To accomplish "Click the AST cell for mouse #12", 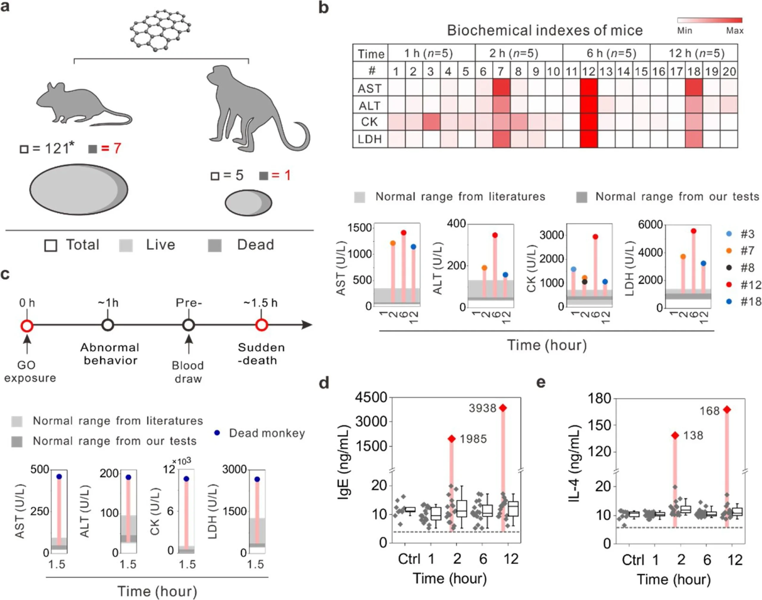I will [589, 87].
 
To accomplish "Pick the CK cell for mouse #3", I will [431, 122].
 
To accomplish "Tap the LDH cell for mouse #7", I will [501, 139].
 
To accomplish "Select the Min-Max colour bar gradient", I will [710, 20].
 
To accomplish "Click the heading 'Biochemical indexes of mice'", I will [545, 31].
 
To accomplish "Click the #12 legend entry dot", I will [729, 285].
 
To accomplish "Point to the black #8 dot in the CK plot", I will [585, 282].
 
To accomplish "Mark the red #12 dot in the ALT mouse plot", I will [495, 235].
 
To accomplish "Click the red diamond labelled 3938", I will [503, 408].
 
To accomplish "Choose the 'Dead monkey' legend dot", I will [217, 433].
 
